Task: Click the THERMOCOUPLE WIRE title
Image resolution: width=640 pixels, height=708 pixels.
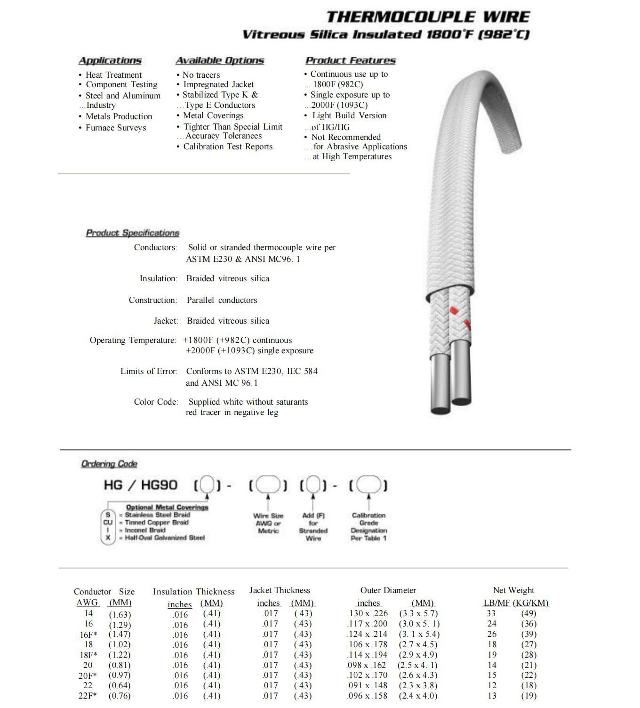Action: click(428, 17)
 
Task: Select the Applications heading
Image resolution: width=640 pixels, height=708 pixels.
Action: click(110, 61)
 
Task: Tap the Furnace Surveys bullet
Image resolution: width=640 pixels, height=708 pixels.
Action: click(116, 128)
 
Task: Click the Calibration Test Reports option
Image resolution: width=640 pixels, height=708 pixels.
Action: click(228, 146)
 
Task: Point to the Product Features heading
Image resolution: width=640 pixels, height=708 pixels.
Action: click(351, 61)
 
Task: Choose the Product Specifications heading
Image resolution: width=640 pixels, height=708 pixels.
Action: click(133, 233)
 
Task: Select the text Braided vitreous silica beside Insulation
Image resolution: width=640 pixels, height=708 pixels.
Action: click(228, 278)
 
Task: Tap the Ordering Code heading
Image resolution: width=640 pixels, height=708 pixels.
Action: click(109, 464)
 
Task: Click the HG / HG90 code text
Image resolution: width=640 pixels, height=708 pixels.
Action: click(141, 485)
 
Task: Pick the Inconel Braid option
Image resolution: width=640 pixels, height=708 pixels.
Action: click(145, 530)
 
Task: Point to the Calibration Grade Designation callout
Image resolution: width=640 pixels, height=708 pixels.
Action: click(369, 527)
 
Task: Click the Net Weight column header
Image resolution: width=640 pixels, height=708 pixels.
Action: click(513, 590)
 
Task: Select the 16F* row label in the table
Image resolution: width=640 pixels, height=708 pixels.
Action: click(88, 635)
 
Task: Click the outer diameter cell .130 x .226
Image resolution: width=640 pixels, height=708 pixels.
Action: click(368, 613)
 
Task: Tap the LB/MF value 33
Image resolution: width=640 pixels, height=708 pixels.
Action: click(491, 613)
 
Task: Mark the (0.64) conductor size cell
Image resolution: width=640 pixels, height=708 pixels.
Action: click(120, 685)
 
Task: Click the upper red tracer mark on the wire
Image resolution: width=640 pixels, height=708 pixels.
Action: click(453, 310)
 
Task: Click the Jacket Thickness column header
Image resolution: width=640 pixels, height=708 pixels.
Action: click(280, 590)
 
